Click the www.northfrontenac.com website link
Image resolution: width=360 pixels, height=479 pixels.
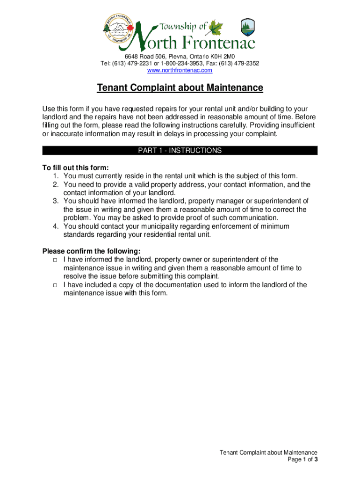[180, 70]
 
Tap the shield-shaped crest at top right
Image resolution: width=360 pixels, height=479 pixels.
[248, 28]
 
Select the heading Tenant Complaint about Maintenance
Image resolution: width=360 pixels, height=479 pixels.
[180, 88]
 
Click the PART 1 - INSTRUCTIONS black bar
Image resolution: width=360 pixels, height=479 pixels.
[180, 151]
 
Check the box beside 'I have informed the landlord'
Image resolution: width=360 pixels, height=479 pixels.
[55, 260]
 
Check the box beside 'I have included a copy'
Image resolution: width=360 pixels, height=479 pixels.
[55, 285]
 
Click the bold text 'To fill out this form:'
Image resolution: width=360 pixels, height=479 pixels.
[75, 167]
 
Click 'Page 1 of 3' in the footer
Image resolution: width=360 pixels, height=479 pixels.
[303, 459]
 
